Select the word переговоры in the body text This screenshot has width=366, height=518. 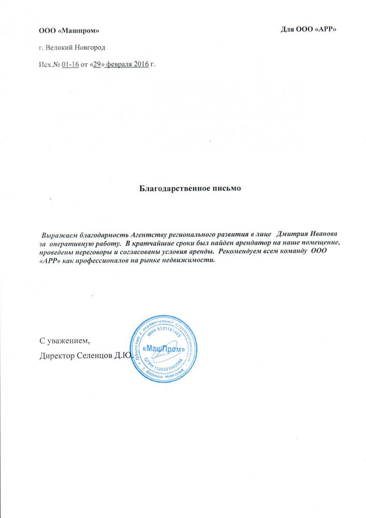(92, 251)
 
